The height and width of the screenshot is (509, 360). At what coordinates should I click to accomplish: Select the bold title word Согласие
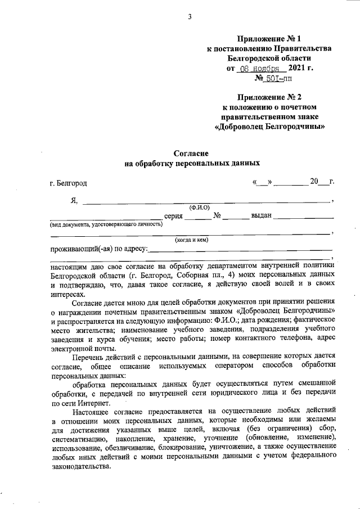[191, 154]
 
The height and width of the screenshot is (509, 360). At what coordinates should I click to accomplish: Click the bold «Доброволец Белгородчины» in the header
[271, 127]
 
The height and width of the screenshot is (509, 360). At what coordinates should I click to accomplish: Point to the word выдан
[262, 216]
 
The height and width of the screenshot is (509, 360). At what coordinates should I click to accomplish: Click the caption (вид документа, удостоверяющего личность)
[106, 224]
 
